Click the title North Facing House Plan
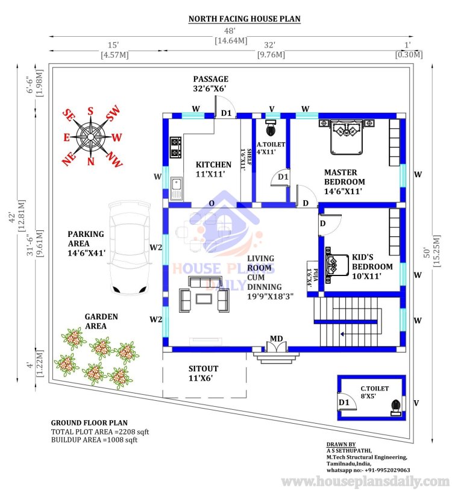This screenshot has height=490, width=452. (245, 19)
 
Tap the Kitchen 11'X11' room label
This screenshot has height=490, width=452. (213, 169)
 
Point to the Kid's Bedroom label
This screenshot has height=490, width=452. (372, 266)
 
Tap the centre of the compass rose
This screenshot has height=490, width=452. (90, 137)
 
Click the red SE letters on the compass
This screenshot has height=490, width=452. (69, 115)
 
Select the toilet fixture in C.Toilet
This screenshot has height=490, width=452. (396, 408)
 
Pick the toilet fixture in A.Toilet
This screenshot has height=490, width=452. (271, 127)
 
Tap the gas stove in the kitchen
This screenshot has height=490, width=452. (175, 148)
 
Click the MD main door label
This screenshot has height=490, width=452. (277, 339)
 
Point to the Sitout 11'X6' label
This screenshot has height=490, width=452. (203, 373)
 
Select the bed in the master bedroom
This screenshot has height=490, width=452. (347, 137)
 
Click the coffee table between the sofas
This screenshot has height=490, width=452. (204, 298)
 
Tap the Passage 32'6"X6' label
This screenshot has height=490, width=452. (211, 84)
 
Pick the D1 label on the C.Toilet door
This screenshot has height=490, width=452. (344, 402)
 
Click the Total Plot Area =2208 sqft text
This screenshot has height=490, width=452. (100, 432)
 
